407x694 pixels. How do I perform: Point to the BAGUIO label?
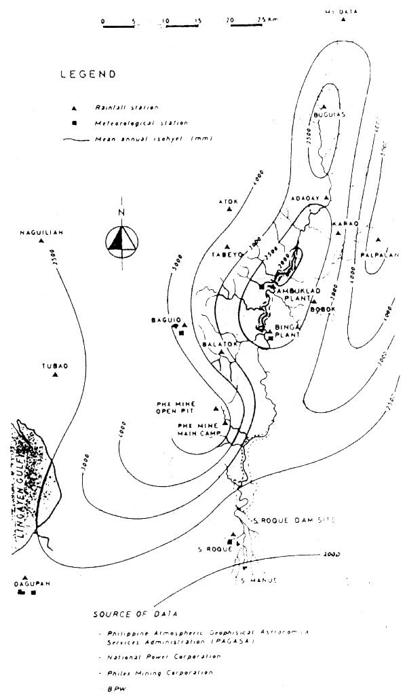pos(165,319)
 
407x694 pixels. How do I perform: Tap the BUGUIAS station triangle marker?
pos(324,107)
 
